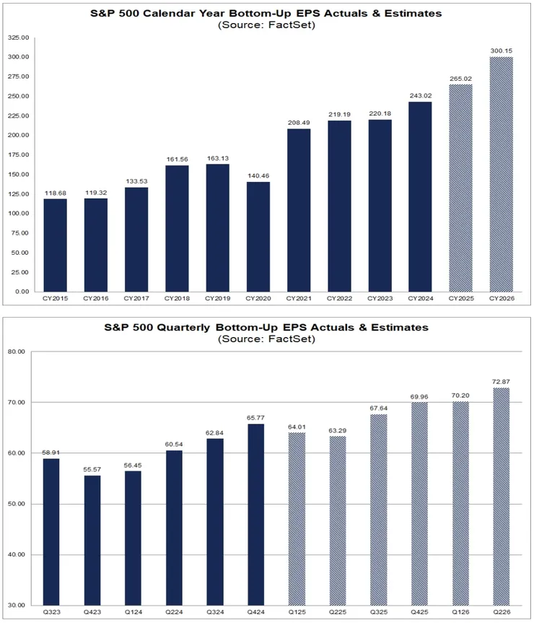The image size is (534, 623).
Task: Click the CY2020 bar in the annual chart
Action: click(x=258, y=237)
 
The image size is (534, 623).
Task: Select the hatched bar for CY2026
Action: click(x=502, y=174)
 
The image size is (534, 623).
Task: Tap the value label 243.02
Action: click(x=420, y=96)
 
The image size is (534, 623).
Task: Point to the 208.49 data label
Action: click(x=298, y=123)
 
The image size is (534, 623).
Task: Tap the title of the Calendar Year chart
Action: click(x=266, y=13)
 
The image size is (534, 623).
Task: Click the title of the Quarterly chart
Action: click(x=266, y=327)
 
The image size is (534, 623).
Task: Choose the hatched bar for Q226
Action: click(x=502, y=497)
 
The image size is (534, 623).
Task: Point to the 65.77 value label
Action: click(x=258, y=417)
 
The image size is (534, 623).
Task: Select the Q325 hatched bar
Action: click(x=380, y=510)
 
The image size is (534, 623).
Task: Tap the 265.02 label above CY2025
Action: click(x=460, y=79)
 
